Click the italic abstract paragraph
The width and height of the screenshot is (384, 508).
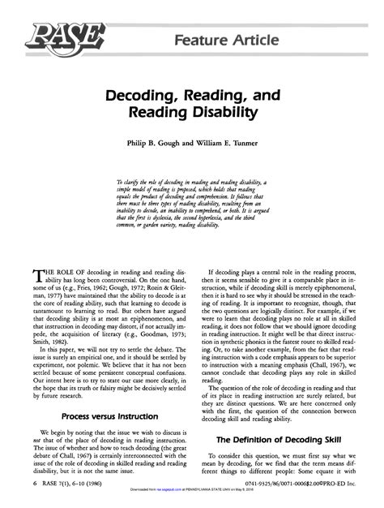click(x=191, y=203)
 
